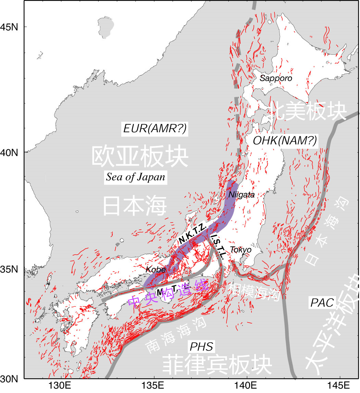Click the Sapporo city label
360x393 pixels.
tap(276, 78)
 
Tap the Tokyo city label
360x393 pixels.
tap(240, 250)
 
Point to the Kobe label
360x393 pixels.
tap(156, 269)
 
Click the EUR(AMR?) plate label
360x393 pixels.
tap(155, 129)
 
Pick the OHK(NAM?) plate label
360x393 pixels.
tap(284, 140)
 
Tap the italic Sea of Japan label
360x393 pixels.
tap(136, 177)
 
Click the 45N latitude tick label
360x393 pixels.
tap(11, 27)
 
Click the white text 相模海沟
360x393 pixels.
tap(256, 292)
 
